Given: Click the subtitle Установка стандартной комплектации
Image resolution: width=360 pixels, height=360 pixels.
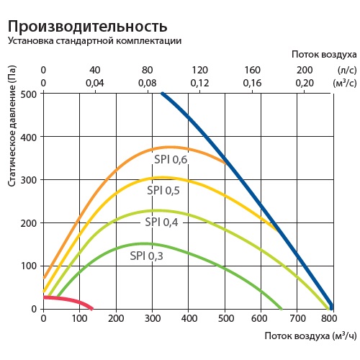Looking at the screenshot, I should tap(94, 41).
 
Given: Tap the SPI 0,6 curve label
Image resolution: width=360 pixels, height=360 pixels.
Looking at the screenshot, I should tap(170, 160).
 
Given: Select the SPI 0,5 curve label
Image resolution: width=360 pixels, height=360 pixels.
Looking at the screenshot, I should tap(164, 191).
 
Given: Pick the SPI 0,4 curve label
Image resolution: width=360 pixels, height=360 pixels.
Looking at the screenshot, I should tap(161, 222).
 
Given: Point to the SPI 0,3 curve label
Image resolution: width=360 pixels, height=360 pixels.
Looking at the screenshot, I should tap(146, 256).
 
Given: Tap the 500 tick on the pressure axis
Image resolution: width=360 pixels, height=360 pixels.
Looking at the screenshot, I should tap(29, 94).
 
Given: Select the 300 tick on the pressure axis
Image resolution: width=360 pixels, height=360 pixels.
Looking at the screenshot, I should tap(29, 180).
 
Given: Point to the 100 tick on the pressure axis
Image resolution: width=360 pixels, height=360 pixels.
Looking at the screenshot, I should tap(29, 266).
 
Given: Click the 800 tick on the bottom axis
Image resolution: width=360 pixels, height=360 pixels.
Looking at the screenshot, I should tap(329, 318).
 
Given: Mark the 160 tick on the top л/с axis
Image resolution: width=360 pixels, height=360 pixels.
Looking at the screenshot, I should tap(253, 70).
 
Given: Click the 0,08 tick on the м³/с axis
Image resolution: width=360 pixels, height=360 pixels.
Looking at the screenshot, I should tap(147, 83).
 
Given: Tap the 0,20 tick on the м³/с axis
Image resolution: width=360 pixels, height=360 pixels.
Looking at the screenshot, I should tap(305, 83).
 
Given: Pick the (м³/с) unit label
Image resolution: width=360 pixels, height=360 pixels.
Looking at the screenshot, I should tap(345, 83).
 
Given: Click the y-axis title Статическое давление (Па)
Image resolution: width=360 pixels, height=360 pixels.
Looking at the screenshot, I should tap(13, 132).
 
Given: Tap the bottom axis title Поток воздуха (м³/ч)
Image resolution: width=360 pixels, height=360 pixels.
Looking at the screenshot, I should tap(311, 336).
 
